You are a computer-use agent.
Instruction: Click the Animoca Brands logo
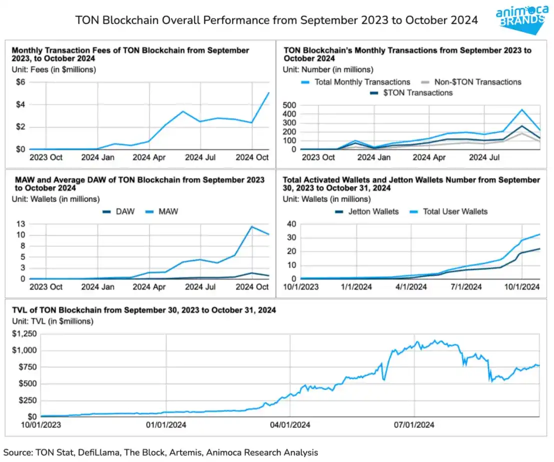click(521, 18)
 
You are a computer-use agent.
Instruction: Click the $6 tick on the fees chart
click(20, 82)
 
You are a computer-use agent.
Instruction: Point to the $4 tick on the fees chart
click(20, 104)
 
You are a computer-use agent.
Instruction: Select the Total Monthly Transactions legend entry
click(362, 82)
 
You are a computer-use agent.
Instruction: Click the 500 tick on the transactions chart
click(290, 105)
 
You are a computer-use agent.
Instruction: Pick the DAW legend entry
click(125, 211)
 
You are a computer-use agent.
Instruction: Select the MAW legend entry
click(168, 211)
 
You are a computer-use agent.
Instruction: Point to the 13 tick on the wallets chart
click(21, 223)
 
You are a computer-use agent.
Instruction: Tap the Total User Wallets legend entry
click(455, 211)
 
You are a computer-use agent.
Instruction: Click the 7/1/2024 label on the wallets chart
click(466, 287)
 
